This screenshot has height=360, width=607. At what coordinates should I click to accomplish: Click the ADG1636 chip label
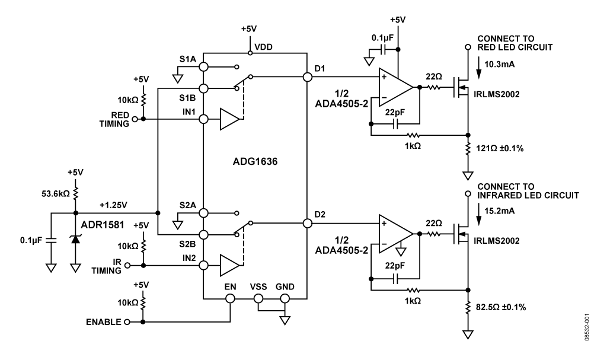pos(255,161)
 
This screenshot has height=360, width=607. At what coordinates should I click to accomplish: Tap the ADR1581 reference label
pos(103,225)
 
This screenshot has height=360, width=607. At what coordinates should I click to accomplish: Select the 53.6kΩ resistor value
pos(55,194)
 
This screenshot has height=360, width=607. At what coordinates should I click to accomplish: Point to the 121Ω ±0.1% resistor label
pos(499,148)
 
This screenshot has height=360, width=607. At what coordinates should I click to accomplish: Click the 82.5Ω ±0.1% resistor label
pos(501,307)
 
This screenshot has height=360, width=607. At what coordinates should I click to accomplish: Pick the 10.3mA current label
pos(499,64)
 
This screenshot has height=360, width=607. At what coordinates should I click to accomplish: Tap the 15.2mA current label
pos(499,211)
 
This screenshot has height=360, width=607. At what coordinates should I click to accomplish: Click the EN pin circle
pos(231,298)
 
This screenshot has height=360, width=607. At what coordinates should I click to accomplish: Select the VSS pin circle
pos(258,298)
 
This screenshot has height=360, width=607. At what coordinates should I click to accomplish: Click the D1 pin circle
pos(308,77)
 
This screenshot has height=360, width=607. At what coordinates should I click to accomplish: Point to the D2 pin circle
pos(308,223)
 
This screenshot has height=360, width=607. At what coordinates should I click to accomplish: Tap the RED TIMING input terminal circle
pos(135,119)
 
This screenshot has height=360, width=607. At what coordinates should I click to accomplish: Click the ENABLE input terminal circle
pos(127,322)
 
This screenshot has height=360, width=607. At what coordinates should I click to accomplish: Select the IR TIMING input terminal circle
pos(127,266)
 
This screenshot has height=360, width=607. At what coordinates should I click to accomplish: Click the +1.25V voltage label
pos(113,205)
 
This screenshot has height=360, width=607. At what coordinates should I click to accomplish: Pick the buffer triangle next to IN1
pos(229,119)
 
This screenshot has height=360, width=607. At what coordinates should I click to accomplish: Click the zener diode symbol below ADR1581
pos(75,240)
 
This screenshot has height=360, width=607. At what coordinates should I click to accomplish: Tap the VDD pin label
pos(263,47)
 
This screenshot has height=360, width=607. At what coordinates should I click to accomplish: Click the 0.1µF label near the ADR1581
pos(31,241)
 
